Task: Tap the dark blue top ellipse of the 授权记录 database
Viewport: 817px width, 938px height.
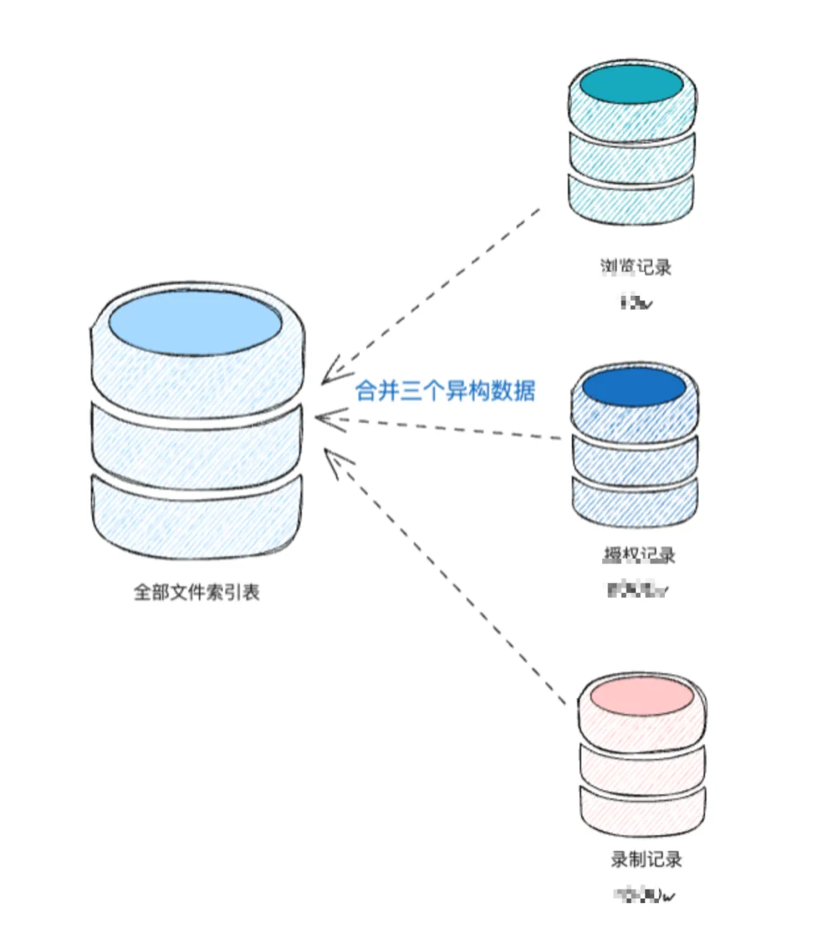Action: pos(634,388)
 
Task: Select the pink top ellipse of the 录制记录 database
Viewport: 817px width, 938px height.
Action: pos(641,697)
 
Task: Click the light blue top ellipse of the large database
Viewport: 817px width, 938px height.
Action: pos(195,323)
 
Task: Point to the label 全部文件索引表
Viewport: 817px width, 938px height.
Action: pos(197,592)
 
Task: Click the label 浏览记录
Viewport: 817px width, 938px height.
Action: pos(635,266)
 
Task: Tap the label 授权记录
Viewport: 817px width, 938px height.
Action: pos(638,554)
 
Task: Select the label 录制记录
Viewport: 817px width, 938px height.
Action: pos(646,859)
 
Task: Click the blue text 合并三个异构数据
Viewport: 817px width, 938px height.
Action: pos(446,390)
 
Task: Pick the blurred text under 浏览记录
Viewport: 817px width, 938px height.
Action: pos(635,303)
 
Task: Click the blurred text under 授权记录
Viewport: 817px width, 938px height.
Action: pos(638,589)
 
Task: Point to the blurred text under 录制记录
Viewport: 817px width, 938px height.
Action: pos(645,896)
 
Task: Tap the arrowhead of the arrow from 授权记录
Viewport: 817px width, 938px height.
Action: pos(322,418)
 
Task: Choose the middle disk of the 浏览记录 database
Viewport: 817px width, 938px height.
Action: pos(631,155)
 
